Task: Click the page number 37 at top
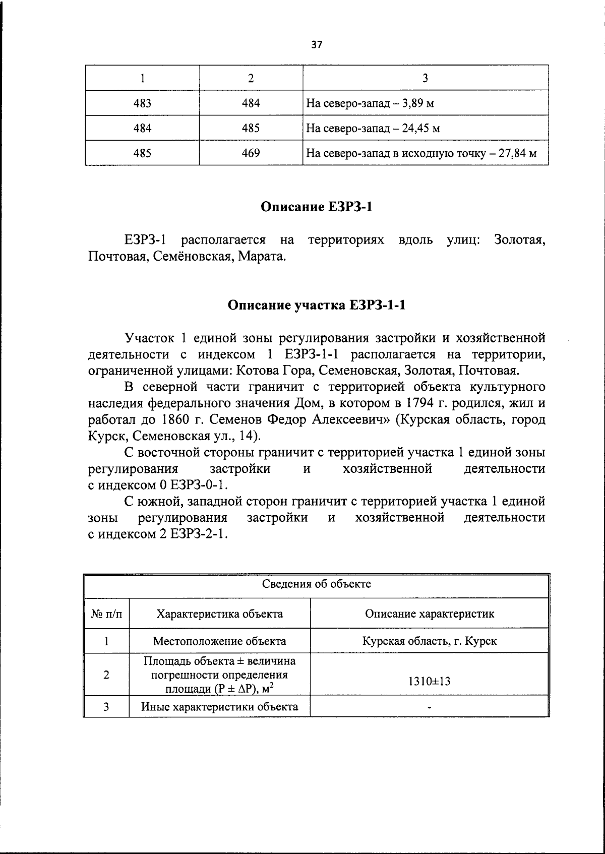[x=316, y=44]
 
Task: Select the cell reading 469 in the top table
[x=251, y=153]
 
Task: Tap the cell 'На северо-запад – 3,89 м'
[x=370, y=104]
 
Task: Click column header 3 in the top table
[x=425, y=78]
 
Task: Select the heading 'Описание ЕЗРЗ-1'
[x=316, y=207]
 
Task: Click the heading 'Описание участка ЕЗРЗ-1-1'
[x=316, y=305]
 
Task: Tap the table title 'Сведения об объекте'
[x=316, y=584]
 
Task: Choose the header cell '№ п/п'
[x=106, y=614]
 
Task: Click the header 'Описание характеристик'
[x=429, y=614]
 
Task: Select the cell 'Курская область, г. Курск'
[x=429, y=641]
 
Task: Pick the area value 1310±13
[x=429, y=682]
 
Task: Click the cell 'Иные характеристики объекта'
[x=219, y=706]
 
